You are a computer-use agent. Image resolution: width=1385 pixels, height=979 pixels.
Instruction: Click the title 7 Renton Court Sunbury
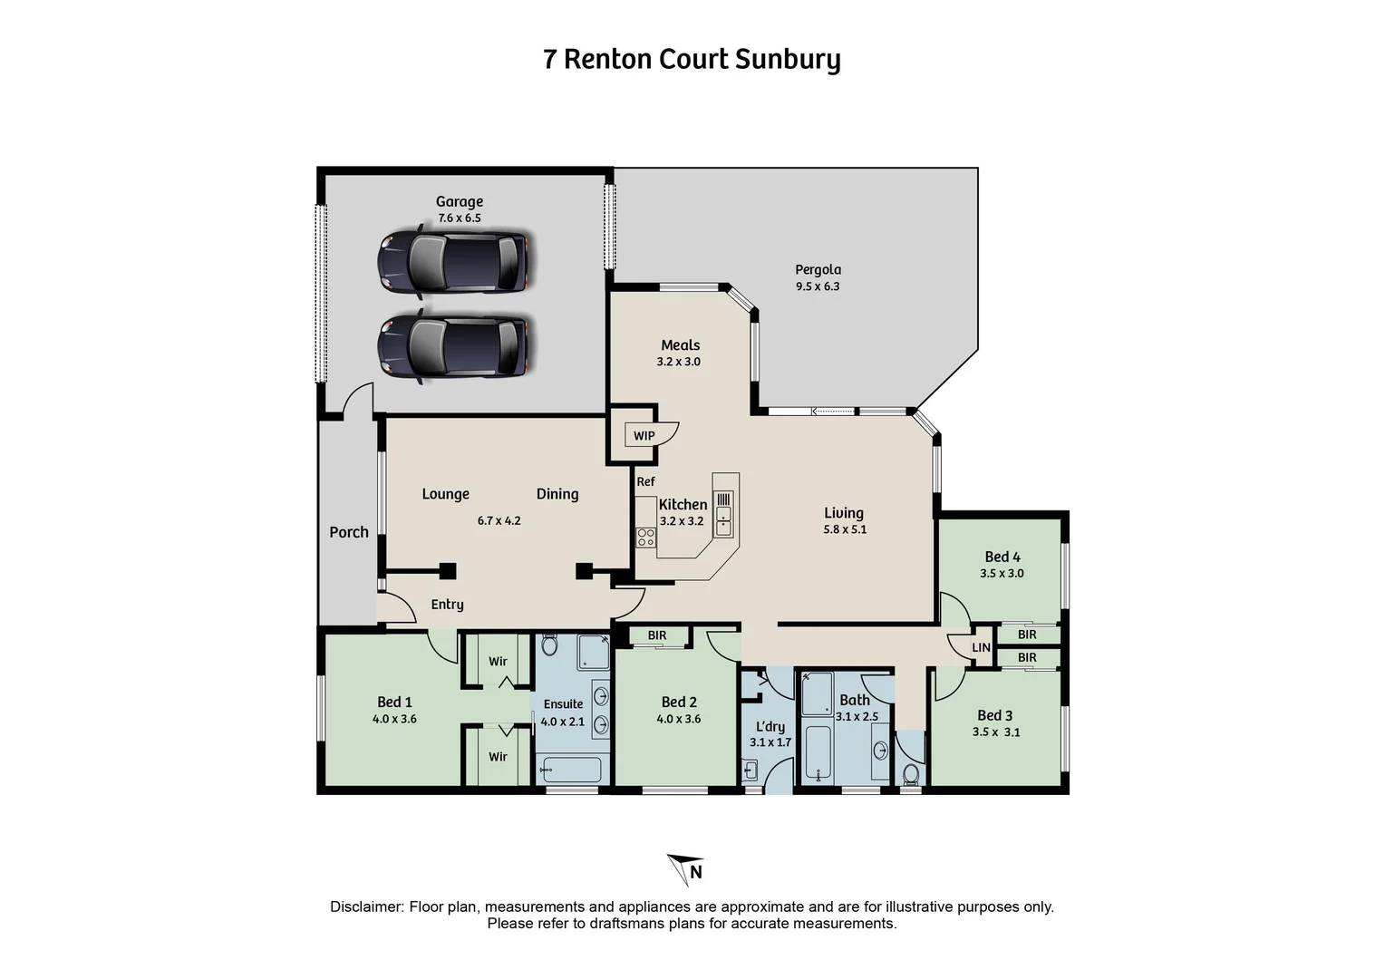tap(692, 59)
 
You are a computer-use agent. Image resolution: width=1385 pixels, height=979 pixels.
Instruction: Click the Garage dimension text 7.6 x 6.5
tap(459, 218)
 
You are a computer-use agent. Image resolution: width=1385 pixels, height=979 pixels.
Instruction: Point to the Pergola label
tap(818, 269)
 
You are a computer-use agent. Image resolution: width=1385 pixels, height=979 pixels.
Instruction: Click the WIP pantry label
tap(644, 436)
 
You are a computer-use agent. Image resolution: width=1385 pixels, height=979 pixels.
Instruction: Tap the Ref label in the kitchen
tap(645, 481)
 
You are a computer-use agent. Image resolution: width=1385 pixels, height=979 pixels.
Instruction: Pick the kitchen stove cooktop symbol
tap(645, 537)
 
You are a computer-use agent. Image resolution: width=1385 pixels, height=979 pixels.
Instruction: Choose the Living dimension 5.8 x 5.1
tap(844, 529)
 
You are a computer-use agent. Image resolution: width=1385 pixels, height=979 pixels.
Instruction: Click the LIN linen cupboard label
tap(981, 647)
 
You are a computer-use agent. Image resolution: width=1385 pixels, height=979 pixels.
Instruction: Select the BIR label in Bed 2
tap(657, 635)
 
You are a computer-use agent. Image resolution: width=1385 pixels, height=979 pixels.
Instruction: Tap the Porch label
tap(349, 532)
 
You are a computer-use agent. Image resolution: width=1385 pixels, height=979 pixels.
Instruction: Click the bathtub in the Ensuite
tap(570, 771)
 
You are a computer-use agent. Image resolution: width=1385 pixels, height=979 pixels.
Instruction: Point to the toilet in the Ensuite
tap(548, 645)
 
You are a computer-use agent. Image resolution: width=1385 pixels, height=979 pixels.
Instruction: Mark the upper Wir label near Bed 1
tap(498, 662)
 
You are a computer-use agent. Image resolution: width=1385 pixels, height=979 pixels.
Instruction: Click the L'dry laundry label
tap(770, 726)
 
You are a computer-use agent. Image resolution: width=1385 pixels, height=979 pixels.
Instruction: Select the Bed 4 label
tap(1002, 557)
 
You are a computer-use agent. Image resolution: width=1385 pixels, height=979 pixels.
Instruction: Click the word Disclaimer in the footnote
tap(366, 906)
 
